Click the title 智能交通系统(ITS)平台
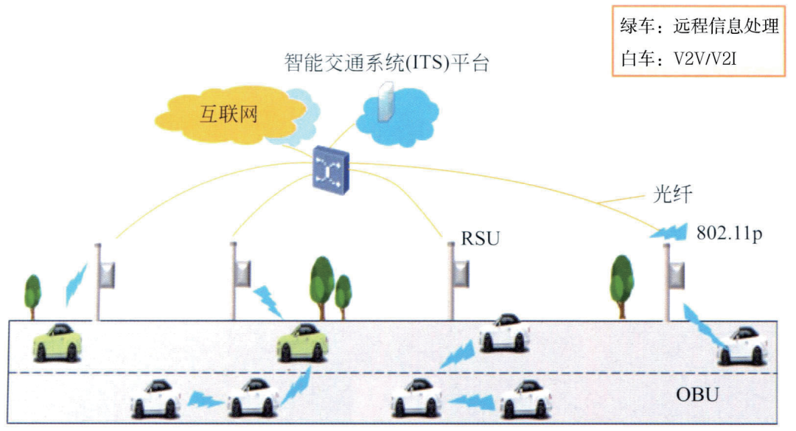tap(386, 62)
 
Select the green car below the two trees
tap(302, 342)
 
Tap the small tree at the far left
tap(32, 293)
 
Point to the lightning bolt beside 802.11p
tap(668, 233)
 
